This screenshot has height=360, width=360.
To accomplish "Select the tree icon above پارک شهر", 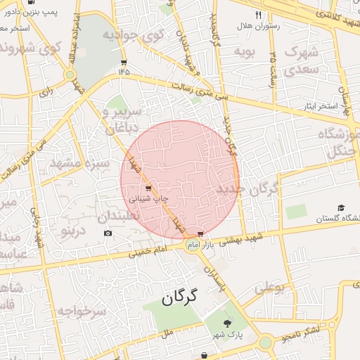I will pyautogui.click(x=226, y=322).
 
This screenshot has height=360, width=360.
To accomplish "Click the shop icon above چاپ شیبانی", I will pyautogui.click(x=148, y=188).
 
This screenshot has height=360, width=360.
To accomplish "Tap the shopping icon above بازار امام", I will pyautogui.click(x=201, y=233).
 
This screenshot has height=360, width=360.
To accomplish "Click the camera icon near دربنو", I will pyautogui.click(x=108, y=233).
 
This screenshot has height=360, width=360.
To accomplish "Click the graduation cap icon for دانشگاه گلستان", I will pyautogui.click(x=341, y=208).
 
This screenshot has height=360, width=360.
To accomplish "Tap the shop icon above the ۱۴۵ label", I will pyautogui.click(x=124, y=61).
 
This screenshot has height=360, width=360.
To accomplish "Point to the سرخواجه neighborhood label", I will pyautogui.click(x=82, y=310).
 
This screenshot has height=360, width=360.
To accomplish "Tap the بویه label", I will pyautogui.click(x=243, y=51).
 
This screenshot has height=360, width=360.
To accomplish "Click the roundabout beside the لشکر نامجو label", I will pyautogui.click(x=266, y=342).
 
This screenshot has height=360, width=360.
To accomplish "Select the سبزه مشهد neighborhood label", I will pyautogui.click(x=79, y=164).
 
